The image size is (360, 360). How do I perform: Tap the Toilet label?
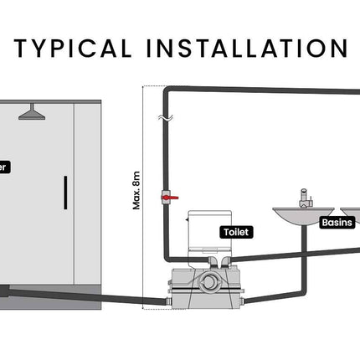(x=235, y=232)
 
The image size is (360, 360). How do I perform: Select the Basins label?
(x=337, y=223)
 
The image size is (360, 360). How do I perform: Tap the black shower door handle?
(x=64, y=194)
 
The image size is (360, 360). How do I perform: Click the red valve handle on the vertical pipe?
(x=172, y=198)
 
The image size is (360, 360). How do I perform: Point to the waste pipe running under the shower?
(x=84, y=294)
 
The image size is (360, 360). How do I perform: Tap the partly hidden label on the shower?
(x=4, y=167)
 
